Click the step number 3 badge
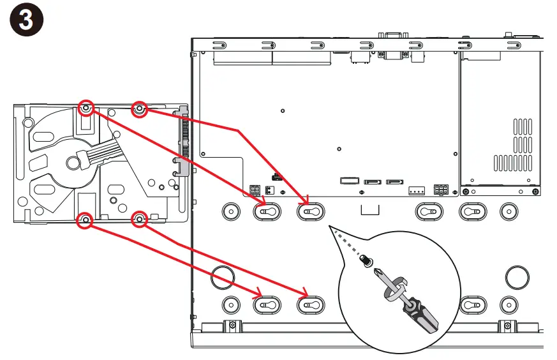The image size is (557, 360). click(x=27, y=19)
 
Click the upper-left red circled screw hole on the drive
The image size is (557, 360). click(x=85, y=108)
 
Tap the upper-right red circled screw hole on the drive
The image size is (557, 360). click(x=140, y=109)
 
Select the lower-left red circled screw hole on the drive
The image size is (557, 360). click(x=85, y=220)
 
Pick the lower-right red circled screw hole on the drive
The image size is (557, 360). click(x=139, y=220)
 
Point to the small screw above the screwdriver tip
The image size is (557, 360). click(x=366, y=260)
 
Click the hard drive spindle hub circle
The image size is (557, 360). click(x=73, y=163)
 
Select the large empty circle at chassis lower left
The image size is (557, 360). click(x=223, y=277)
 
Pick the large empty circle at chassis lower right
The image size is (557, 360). click(x=517, y=277)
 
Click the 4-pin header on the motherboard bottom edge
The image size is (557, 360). click(x=417, y=191)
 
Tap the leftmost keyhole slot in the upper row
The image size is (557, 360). click(x=267, y=212)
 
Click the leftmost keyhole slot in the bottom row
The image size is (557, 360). click(x=267, y=305)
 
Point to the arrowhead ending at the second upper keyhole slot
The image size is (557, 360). click(x=305, y=200)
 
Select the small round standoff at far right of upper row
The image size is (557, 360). click(x=509, y=211)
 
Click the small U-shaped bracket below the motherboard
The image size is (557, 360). click(x=370, y=210)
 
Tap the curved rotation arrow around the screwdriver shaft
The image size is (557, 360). click(x=395, y=289)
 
